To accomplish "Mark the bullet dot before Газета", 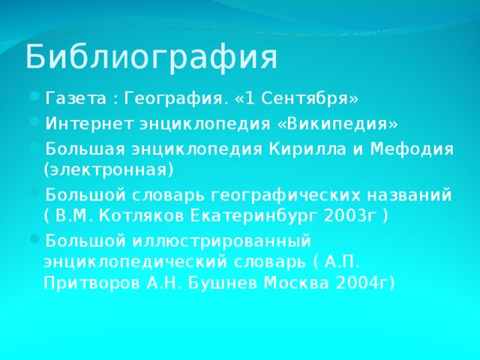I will tap(37, 100).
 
